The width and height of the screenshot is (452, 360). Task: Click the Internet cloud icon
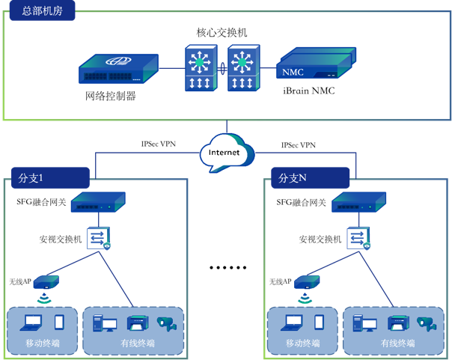click(225, 152)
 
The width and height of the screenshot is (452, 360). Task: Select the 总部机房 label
click(38, 10)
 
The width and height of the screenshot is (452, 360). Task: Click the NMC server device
click(315, 66)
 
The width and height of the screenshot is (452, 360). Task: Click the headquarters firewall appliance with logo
click(119, 67)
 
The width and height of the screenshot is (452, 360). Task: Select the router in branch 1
click(98, 202)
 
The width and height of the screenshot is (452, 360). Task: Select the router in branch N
click(358, 202)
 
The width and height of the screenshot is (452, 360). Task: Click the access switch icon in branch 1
click(99, 239)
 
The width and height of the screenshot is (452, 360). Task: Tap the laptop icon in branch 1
click(31, 323)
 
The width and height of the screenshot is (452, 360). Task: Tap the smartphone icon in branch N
click(319, 323)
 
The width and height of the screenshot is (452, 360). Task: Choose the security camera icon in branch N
click(426, 323)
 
